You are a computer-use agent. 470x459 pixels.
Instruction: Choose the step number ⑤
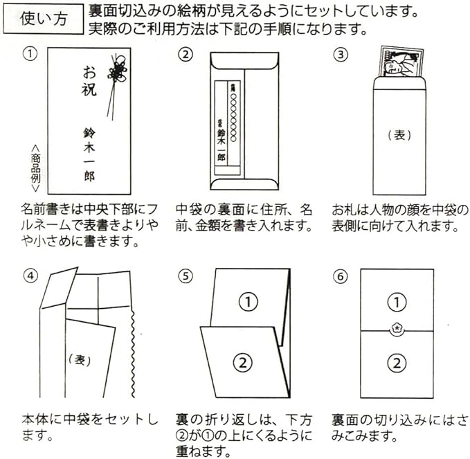[183, 275]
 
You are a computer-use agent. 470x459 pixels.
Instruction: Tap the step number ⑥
[341, 275]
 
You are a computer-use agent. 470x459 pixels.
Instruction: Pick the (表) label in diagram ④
[81, 359]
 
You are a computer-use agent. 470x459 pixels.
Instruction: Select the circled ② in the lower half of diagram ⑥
[397, 362]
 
